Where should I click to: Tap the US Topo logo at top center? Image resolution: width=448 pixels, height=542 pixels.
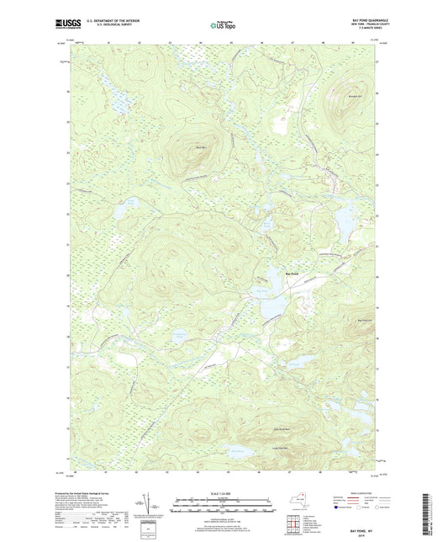[x=223, y=26]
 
